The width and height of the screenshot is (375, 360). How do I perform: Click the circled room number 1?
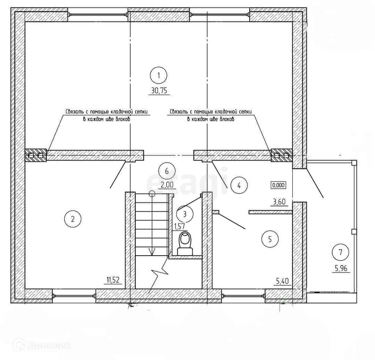click(x=159, y=75)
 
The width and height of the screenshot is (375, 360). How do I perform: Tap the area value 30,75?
click(x=159, y=91)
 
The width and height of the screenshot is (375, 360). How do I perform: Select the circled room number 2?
click(x=73, y=218)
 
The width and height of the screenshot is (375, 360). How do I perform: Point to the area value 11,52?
click(x=114, y=280)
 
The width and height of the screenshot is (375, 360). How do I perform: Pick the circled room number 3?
click(x=185, y=214)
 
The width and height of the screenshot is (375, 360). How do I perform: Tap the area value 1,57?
click(x=179, y=226)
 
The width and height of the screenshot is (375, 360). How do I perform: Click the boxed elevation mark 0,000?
click(x=278, y=185)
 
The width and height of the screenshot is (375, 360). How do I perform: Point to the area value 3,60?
click(x=280, y=202)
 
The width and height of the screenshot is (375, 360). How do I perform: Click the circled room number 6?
click(x=167, y=171)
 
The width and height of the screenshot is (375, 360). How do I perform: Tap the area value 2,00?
click(x=167, y=185)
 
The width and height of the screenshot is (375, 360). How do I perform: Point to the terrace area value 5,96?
click(x=340, y=268)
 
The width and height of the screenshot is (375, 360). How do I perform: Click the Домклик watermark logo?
click(x=42, y=345)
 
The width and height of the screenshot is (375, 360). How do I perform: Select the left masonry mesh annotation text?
click(x=107, y=115)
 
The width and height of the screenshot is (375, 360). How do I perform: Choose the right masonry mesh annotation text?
click(x=210, y=115)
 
